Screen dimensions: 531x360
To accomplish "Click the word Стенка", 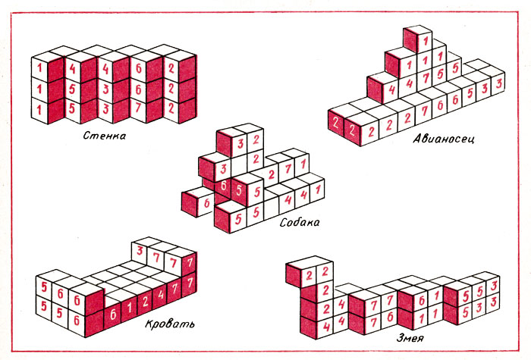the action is coord(105,136).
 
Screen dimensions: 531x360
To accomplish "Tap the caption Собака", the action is coord(300,222).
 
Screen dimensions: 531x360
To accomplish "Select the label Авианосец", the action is coord(444,139).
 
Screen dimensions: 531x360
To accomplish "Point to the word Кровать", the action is coord(170,324).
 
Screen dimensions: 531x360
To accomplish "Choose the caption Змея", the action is coord(410,338).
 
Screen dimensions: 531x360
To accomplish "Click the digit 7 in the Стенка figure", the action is coord(138,108).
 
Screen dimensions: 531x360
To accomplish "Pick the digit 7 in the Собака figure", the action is coord(287,169).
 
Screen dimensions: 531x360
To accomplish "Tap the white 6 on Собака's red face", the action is coord(224,186).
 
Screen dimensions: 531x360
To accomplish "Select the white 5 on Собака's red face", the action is coord(239,190).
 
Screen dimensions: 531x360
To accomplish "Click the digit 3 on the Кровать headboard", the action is coord(140,251).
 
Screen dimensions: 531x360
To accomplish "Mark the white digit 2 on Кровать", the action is coord(145,301).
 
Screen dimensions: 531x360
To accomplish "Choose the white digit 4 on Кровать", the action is coord(161,294).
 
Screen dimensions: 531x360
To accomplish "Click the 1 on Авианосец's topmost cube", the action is coord(426,41).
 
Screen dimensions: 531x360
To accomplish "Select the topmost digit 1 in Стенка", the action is coord(39,67).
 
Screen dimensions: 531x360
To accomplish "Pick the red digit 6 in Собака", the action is coord(207,203).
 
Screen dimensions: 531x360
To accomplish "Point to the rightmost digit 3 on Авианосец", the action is coord(499,83).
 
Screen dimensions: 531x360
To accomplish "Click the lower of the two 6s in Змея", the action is coord(389,317).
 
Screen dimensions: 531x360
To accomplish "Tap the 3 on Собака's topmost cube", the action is coord(240,144).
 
